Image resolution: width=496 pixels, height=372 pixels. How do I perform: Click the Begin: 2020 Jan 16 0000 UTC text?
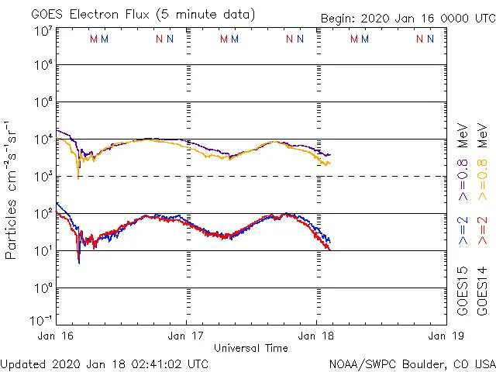[408, 19]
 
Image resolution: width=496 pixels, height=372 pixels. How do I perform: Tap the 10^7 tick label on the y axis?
[43, 32]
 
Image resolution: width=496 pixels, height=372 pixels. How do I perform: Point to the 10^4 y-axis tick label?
[43, 139]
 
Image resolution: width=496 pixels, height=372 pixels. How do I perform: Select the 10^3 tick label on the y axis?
[43, 177]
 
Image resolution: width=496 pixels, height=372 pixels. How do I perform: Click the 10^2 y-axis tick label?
[43, 213]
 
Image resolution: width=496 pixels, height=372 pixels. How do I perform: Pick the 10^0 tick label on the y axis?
[43, 288]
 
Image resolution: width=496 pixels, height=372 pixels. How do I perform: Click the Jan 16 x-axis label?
[57, 336]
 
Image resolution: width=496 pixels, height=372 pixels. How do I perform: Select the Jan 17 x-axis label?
[186, 336]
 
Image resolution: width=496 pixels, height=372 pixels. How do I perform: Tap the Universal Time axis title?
[250, 348]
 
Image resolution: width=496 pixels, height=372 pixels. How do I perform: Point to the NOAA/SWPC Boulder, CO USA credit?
[412, 363]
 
